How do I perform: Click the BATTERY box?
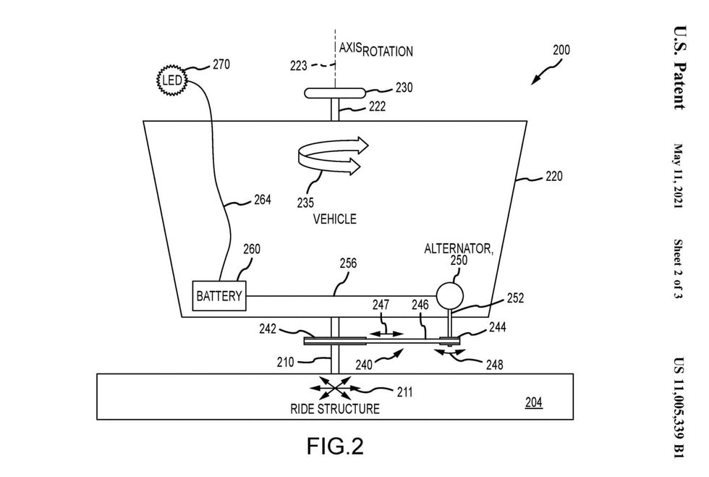click(218, 296)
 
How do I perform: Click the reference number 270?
click(220, 64)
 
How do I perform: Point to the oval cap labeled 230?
click(335, 93)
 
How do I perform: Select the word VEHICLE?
click(334, 219)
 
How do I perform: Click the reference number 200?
click(561, 51)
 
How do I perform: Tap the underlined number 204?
click(533, 403)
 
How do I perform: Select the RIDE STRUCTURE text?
click(335, 409)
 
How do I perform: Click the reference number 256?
click(347, 265)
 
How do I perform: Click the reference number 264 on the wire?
click(261, 200)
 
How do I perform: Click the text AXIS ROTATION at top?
click(375, 50)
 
